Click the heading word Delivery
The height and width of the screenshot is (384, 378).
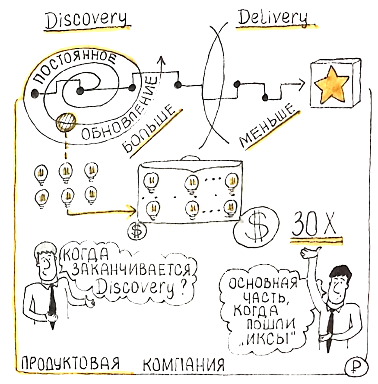(x=273, y=18)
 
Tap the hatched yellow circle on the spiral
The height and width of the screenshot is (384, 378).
(x=66, y=122)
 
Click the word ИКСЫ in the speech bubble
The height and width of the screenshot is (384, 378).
(x=270, y=336)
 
